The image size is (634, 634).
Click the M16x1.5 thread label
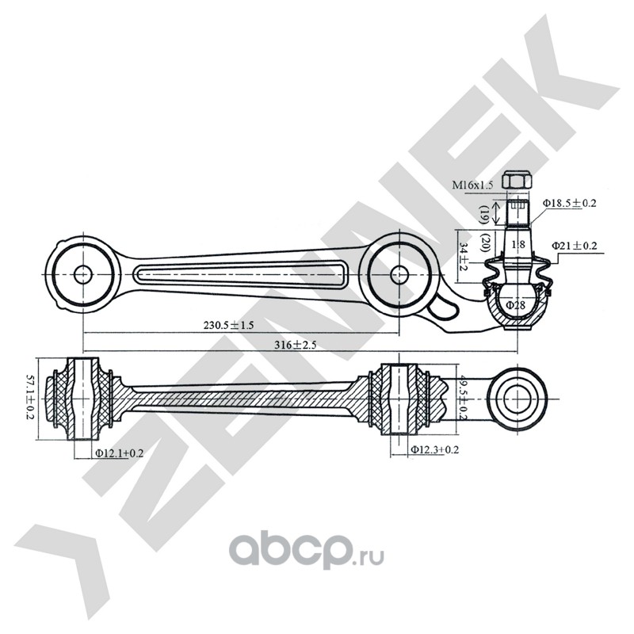click(x=473, y=185)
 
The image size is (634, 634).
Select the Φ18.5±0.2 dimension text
click(x=569, y=204)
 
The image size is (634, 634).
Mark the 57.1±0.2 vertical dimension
click(x=32, y=399)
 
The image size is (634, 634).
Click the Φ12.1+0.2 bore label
click(x=120, y=453)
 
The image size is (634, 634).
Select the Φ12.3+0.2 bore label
click(x=435, y=449)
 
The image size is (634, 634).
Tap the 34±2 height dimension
click(x=464, y=255)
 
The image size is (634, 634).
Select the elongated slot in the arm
click(x=241, y=274)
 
